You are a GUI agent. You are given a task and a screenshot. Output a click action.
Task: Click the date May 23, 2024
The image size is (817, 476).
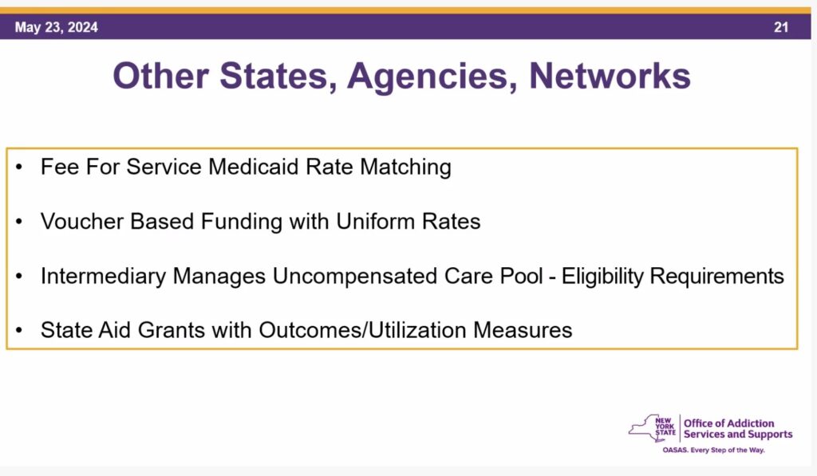(57, 27)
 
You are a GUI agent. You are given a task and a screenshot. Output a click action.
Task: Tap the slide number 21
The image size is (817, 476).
(780, 27)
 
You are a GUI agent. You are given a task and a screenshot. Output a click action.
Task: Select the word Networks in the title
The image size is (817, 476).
(610, 76)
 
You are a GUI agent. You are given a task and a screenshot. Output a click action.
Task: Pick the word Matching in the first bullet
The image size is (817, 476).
(405, 167)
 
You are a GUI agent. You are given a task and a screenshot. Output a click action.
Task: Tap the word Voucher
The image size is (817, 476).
(82, 222)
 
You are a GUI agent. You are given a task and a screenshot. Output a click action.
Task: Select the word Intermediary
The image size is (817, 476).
(103, 276)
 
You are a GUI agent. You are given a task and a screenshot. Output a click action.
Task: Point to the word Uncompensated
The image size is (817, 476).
(355, 276)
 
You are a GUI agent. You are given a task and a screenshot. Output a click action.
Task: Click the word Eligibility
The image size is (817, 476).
(602, 276)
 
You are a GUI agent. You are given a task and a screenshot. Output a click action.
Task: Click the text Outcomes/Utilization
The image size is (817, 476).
(362, 330)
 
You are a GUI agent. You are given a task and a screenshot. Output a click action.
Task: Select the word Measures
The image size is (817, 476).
(523, 330)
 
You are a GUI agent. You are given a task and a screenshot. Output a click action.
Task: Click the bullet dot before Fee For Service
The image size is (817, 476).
(19, 167)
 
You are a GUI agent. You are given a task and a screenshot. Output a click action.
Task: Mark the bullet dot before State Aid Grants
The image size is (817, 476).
(19, 330)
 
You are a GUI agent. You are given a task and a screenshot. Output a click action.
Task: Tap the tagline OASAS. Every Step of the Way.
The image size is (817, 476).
(713, 450)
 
